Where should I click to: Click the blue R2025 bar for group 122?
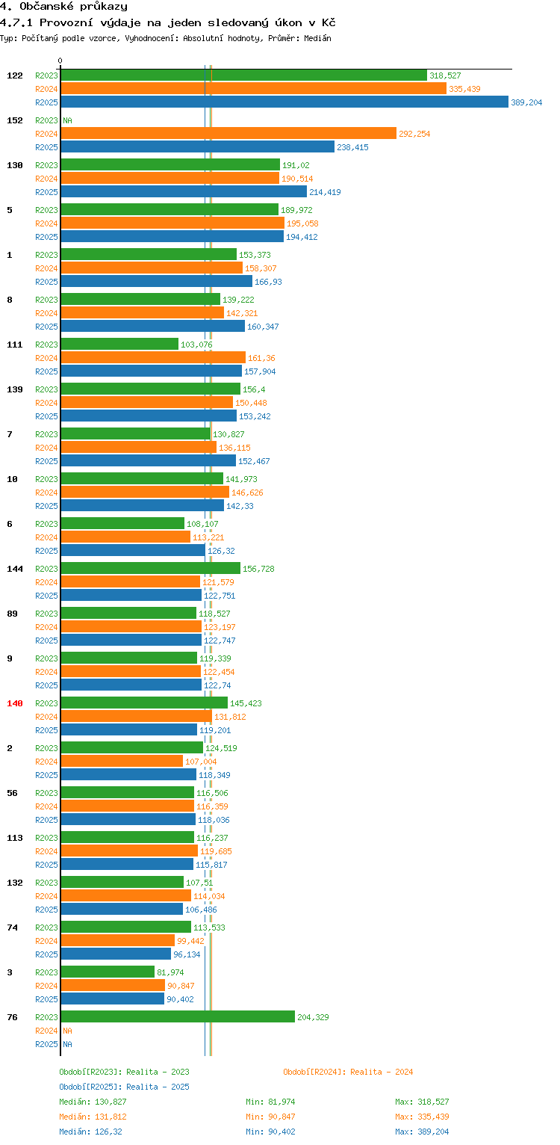[284, 102]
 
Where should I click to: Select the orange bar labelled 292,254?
[228, 133]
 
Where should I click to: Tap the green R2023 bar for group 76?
[178, 1016]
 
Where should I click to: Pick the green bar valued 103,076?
[119, 344]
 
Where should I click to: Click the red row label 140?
[15, 703]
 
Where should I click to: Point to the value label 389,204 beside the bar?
[526, 102]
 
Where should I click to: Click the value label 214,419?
[325, 192]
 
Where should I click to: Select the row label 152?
[15, 120]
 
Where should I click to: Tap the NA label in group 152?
[67, 120]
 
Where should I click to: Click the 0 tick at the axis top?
[60, 61]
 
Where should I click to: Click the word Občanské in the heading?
[44, 7]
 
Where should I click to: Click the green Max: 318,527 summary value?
[422, 1102]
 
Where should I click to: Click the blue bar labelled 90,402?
[112, 999]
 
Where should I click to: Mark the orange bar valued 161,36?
[153, 357]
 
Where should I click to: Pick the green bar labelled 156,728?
[150, 568]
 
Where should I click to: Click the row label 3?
[10, 972]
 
